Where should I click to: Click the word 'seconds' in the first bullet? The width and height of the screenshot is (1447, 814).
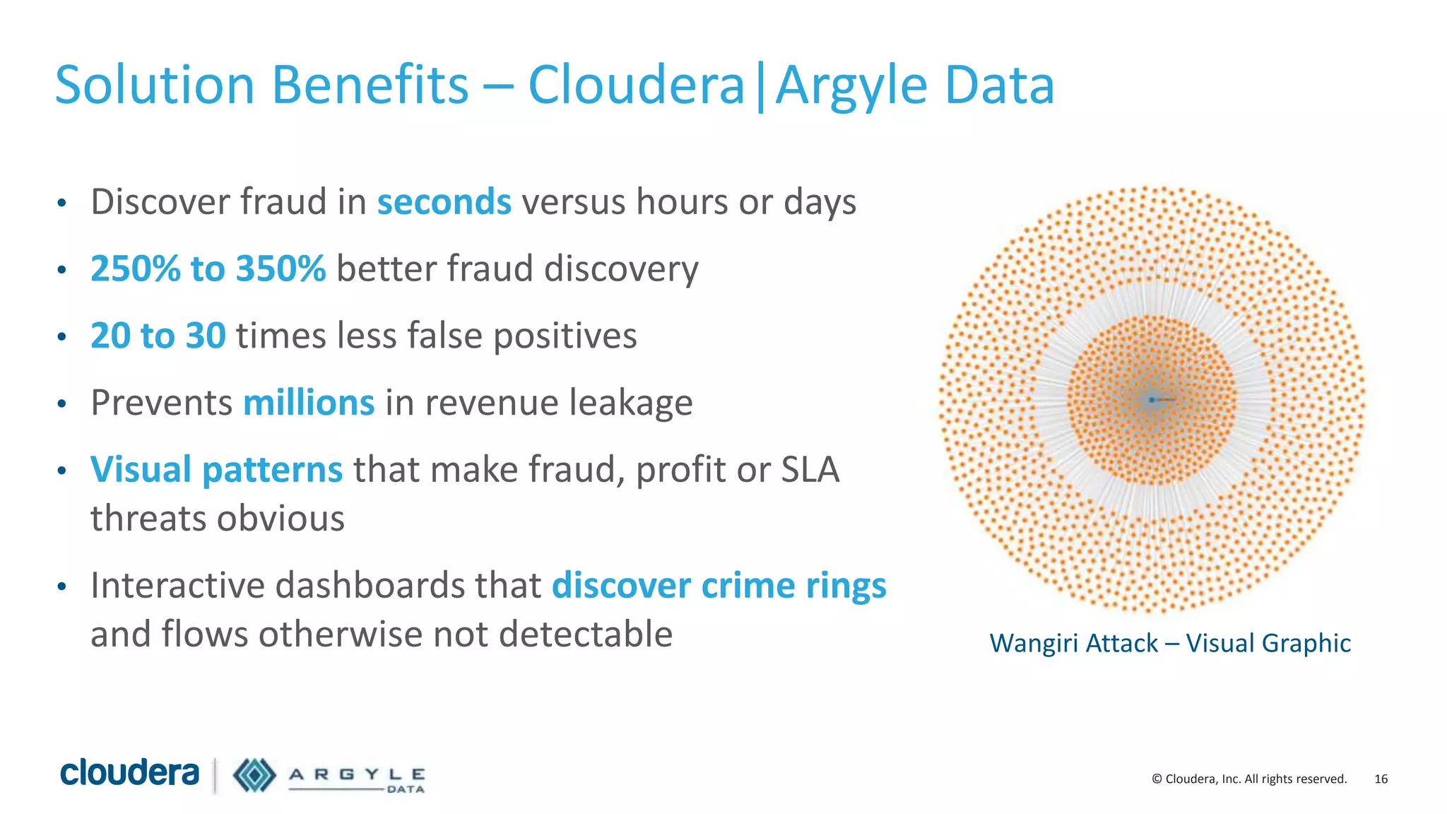[444, 202]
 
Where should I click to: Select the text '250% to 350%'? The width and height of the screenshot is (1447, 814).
[208, 269]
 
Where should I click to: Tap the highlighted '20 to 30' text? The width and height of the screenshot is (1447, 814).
[158, 336]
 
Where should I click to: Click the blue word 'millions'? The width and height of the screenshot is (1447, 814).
[308, 403]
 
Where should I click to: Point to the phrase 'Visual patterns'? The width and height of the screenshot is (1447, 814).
[216, 470]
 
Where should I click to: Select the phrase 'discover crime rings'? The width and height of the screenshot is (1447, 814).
[719, 586]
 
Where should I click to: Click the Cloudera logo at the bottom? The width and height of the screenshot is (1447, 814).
[129, 773]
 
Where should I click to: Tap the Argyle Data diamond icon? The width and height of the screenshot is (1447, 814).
[254, 775]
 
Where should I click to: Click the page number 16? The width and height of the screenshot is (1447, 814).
[1381, 779]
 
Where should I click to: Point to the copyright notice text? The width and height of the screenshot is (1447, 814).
[1248, 779]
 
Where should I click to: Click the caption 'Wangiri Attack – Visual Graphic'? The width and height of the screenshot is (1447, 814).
[1169, 644]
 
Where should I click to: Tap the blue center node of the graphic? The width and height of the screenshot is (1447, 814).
[1152, 400]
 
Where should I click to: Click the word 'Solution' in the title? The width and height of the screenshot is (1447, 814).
[154, 85]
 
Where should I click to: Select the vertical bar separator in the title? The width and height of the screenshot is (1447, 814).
[760, 87]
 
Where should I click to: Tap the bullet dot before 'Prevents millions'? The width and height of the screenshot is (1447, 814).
[62, 404]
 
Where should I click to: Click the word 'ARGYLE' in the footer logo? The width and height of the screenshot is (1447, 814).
[357, 774]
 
